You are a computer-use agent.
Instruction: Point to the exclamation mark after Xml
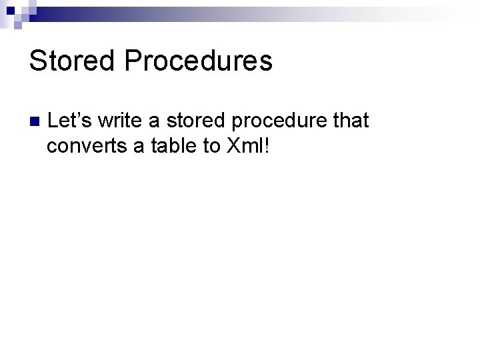(268, 146)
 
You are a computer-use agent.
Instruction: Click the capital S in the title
(37, 61)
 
